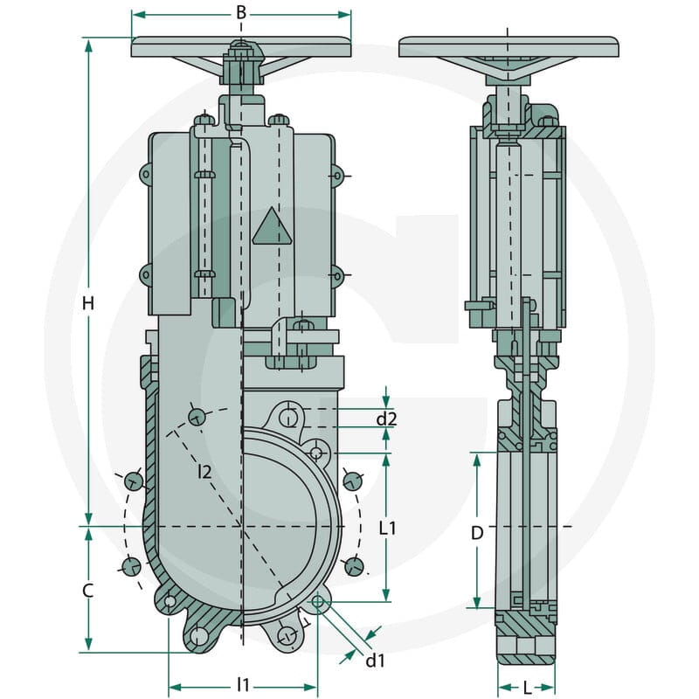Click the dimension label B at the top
tap(241, 12)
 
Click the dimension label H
tap(88, 303)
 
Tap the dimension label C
tap(88, 591)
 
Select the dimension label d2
tap(386, 419)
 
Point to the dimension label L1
tap(387, 529)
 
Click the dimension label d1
tap(375, 661)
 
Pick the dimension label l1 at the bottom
tap(243, 685)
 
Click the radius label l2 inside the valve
tap(204, 472)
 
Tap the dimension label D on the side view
tap(477, 533)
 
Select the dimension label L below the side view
tap(528, 689)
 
